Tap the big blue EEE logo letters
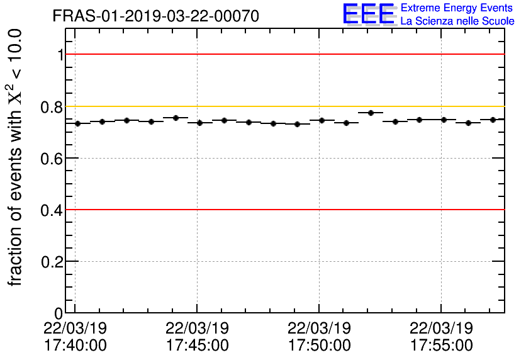point(369,15)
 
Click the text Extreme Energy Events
point(457,9)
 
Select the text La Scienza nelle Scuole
point(457,21)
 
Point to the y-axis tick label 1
point(60,55)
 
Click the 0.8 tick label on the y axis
point(52,107)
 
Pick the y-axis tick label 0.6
point(52,159)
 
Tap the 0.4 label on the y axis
point(52,210)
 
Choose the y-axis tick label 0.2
point(52,262)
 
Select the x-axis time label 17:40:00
point(75,346)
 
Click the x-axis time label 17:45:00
point(197,346)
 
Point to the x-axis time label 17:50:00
point(319,346)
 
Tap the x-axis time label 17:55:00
point(441,346)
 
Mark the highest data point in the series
point(371,113)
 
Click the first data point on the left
point(78,123)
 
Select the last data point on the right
point(493,120)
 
